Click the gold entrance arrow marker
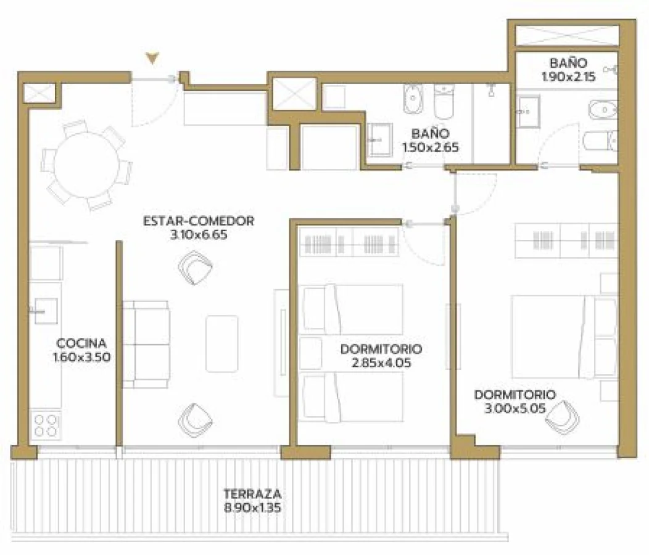click(x=153, y=59)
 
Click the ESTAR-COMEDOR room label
click(x=199, y=221)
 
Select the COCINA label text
click(x=81, y=343)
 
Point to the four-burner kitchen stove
click(x=46, y=425)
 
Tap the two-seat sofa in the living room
click(x=146, y=344)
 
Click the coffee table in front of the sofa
click(x=222, y=343)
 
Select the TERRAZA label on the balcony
click(x=252, y=494)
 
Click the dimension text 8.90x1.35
click(x=252, y=508)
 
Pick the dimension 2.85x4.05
click(x=381, y=363)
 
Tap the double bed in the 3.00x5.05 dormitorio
click(x=564, y=337)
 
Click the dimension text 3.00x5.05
click(x=515, y=408)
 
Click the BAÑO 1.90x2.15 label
click(x=568, y=70)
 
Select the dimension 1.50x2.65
click(x=431, y=147)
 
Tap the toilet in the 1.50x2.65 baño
click(x=444, y=101)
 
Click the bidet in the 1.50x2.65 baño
click(x=413, y=99)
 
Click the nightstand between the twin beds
click(x=311, y=353)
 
